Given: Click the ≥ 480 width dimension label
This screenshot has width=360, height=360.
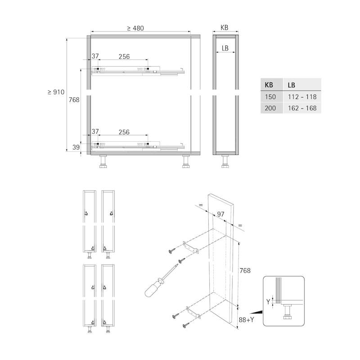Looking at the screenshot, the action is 135,28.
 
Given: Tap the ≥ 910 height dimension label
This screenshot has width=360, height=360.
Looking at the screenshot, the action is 56,92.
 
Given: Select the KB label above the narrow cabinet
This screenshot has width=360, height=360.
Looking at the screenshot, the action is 224,27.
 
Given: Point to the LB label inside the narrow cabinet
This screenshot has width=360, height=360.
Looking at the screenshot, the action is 225,48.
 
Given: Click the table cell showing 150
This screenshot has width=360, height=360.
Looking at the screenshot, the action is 270,97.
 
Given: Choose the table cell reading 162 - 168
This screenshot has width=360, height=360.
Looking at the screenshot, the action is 302,108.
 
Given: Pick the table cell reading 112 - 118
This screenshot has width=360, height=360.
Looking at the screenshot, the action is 302,97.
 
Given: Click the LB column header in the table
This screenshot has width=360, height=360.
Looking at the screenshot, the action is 291,85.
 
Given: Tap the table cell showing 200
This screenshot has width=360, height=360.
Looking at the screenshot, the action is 270,108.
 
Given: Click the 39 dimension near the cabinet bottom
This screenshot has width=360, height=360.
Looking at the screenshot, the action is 76,147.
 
